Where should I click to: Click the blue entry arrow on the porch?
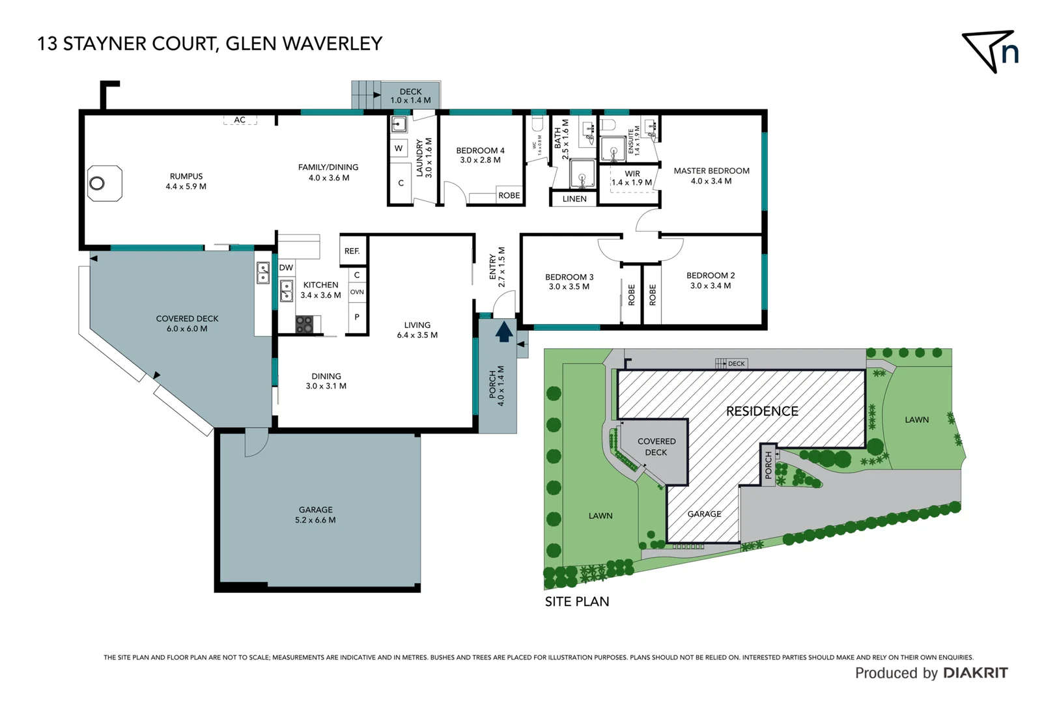(503, 332)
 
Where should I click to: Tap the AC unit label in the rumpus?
(240, 120)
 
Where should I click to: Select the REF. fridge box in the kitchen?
(352, 251)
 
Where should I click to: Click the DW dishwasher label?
(286, 268)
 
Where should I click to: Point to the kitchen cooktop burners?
(304, 324)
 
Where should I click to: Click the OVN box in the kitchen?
(357, 292)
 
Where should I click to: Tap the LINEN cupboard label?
(574, 199)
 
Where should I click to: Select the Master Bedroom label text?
(711, 171)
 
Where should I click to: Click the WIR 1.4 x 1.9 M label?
(632, 178)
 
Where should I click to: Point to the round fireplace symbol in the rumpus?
(97, 183)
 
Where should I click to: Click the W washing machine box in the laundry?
(399, 148)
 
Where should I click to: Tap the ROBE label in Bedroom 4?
(509, 195)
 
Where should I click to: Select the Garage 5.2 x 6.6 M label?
(315, 515)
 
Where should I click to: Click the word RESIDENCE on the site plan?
(762, 411)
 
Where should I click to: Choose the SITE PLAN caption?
(577, 601)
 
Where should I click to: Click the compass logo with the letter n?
(991, 51)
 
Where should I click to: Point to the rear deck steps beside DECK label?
(365, 95)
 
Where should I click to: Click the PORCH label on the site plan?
(769, 465)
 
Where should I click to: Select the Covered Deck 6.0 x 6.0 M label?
(187, 324)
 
